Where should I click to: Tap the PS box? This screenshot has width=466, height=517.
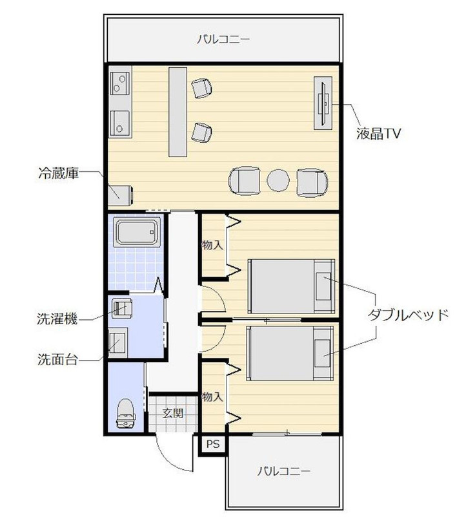(212, 445)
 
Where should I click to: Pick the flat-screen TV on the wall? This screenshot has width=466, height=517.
(324, 103)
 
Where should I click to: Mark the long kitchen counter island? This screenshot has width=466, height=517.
(178, 111)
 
